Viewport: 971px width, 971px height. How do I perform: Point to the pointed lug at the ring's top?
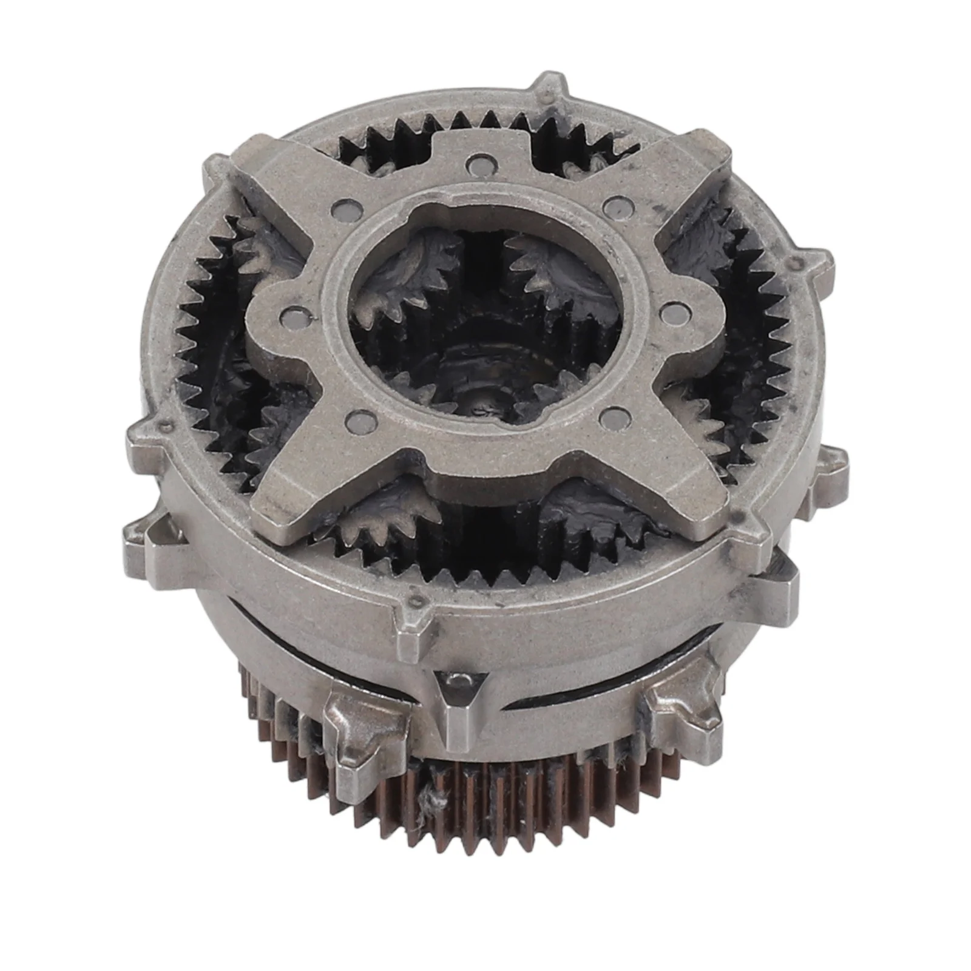coord(549,91)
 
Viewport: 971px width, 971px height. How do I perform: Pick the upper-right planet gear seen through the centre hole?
coord(549,273)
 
